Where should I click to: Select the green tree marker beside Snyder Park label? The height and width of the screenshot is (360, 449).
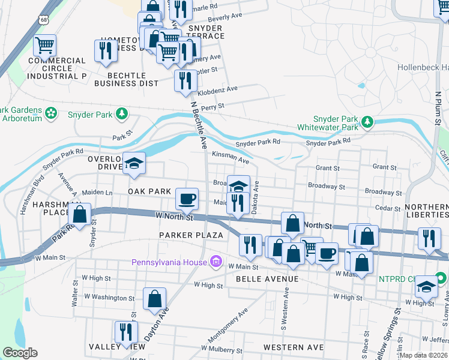point(122,113)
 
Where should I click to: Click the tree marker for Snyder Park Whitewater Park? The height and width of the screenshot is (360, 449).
point(366,123)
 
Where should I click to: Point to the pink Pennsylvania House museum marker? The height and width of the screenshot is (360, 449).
point(216,262)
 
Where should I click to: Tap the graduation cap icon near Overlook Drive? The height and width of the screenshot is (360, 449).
point(134,163)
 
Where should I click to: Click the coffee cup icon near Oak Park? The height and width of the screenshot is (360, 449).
point(187,197)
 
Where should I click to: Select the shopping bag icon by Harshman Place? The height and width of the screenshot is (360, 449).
point(80,213)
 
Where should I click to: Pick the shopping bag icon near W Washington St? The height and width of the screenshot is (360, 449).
point(155,298)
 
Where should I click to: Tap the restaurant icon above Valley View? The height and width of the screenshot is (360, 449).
point(126,331)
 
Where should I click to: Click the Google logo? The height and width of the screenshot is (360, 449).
point(20,353)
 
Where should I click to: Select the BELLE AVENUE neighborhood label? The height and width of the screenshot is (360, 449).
point(267,280)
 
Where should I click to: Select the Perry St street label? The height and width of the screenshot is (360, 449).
point(212,106)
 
